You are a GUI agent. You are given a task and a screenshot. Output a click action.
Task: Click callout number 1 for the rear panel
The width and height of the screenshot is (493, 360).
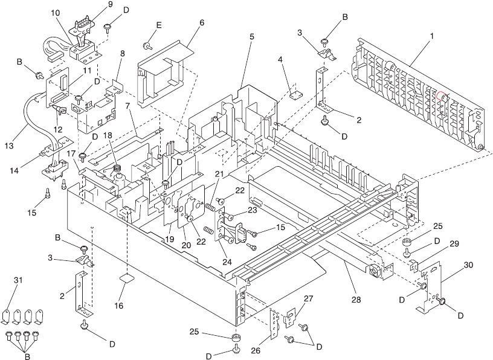coord(432,37)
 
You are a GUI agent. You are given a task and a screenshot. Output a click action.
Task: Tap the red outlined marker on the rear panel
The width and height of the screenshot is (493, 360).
coord(441,95)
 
